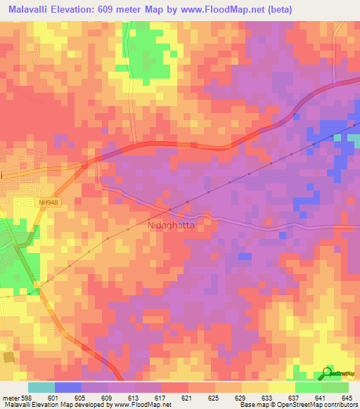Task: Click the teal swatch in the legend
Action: coord(41,387)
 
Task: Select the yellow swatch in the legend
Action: coord(281,387)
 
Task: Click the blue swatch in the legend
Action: coord(67,387)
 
